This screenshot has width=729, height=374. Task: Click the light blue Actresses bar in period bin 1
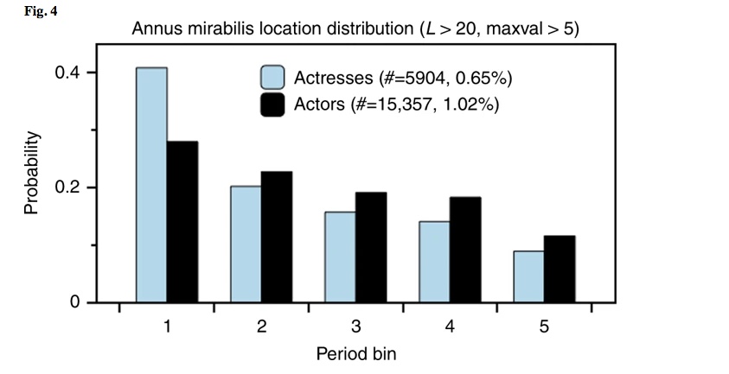pos(151,185)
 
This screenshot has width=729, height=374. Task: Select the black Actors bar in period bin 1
pos(182,222)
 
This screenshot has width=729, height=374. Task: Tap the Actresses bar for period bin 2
pos(246,244)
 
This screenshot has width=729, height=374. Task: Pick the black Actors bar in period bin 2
pos(277,238)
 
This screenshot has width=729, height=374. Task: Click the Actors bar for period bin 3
pos(371,248)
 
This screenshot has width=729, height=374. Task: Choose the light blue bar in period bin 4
pos(434,263)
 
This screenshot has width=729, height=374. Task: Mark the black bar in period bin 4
pos(465,250)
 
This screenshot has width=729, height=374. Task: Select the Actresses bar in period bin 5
pos(528,277)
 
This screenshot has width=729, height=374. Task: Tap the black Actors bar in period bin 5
pos(560,269)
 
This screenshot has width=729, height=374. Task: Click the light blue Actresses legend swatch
pos(274,78)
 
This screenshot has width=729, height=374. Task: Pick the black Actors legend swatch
pos(274,105)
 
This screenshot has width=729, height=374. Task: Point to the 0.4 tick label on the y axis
pos(67,73)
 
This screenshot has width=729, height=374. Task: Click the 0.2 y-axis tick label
pos(67,187)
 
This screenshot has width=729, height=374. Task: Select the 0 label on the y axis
pos(76,303)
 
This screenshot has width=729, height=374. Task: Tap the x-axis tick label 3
pos(355,327)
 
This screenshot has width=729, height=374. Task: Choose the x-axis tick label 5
pos(544,327)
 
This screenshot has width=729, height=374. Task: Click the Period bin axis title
pos(355,354)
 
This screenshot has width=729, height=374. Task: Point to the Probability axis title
pos(31,173)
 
